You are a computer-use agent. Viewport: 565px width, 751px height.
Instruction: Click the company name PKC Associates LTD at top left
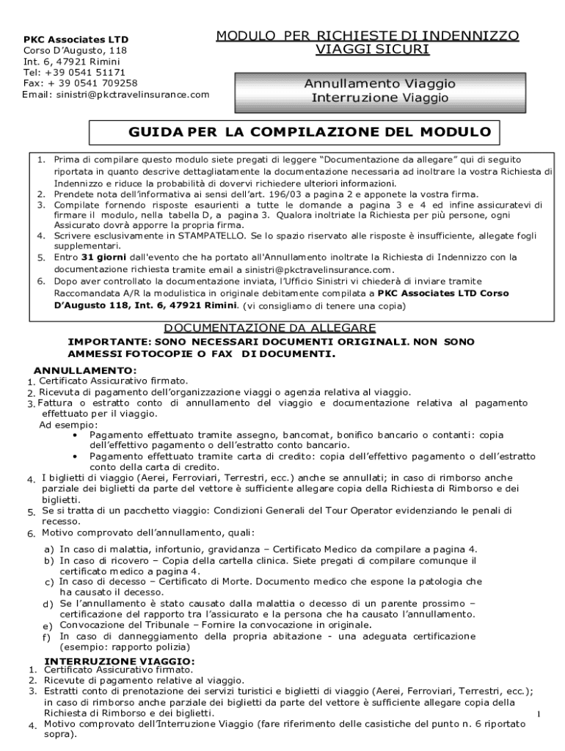(65, 40)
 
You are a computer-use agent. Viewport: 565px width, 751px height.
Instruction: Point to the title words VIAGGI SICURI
(368, 49)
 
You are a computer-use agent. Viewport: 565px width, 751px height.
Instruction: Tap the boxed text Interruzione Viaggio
(379, 98)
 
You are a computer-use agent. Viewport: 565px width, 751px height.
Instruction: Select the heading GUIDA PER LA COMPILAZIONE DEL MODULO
(299, 133)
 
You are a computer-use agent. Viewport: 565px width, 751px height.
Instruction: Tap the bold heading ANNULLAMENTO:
(85, 370)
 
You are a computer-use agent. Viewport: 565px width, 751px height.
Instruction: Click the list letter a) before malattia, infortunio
(48, 549)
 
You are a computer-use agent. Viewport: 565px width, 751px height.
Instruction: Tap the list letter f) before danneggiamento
(48, 638)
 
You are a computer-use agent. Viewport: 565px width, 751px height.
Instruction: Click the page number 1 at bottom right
(538, 714)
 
